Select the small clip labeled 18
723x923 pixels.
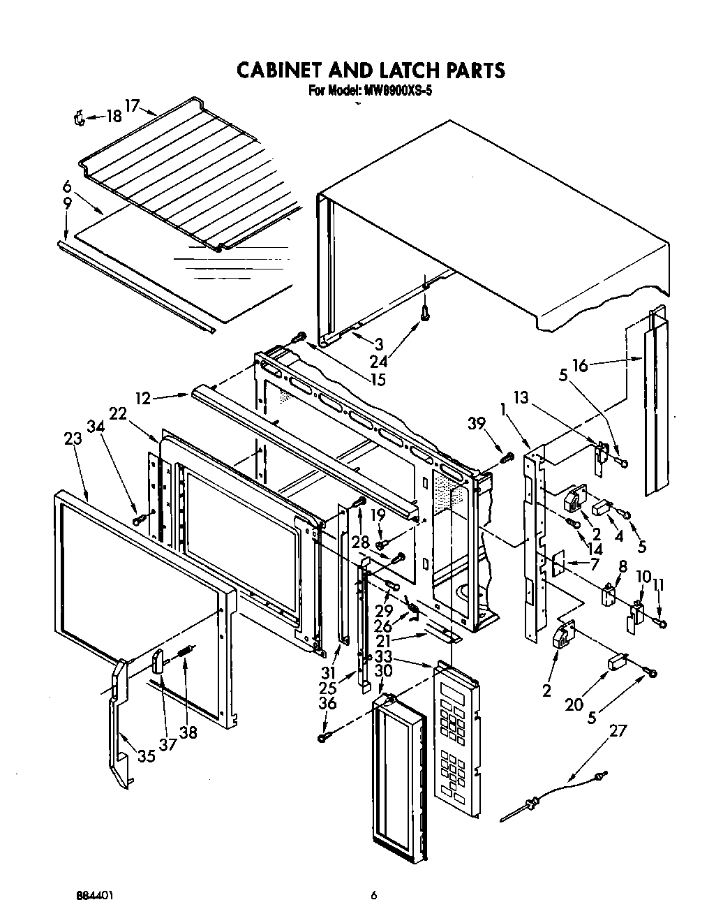[x=79, y=119]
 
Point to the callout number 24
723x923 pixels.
[x=379, y=361]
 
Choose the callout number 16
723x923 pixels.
[x=580, y=365]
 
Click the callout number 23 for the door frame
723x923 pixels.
[x=73, y=438]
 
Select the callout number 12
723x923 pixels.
[x=142, y=398]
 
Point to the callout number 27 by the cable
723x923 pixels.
[x=618, y=730]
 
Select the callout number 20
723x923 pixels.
[x=574, y=705]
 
